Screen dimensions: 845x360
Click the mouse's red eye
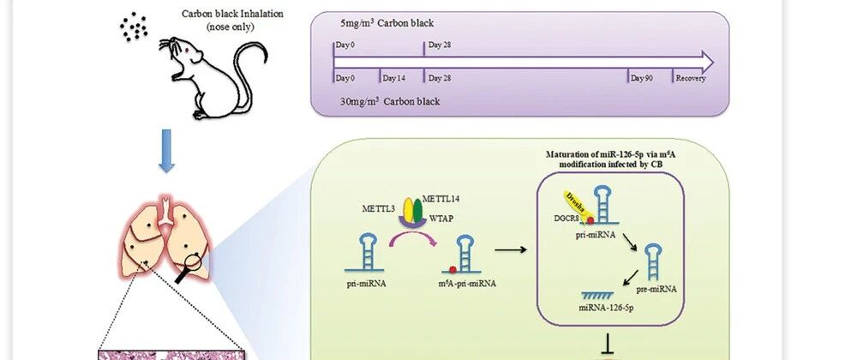(x=188, y=51)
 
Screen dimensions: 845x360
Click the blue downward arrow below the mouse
(x=166, y=151)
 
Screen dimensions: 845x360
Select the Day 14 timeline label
(x=394, y=78)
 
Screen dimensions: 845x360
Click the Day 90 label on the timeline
(x=642, y=78)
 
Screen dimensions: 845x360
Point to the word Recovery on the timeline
(x=691, y=78)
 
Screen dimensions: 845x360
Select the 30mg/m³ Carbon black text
(x=390, y=101)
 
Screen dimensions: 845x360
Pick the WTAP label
(x=442, y=221)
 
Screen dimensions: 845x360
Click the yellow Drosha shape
(x=576, y=204)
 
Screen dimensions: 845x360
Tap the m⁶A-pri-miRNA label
(x=467, y=284)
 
